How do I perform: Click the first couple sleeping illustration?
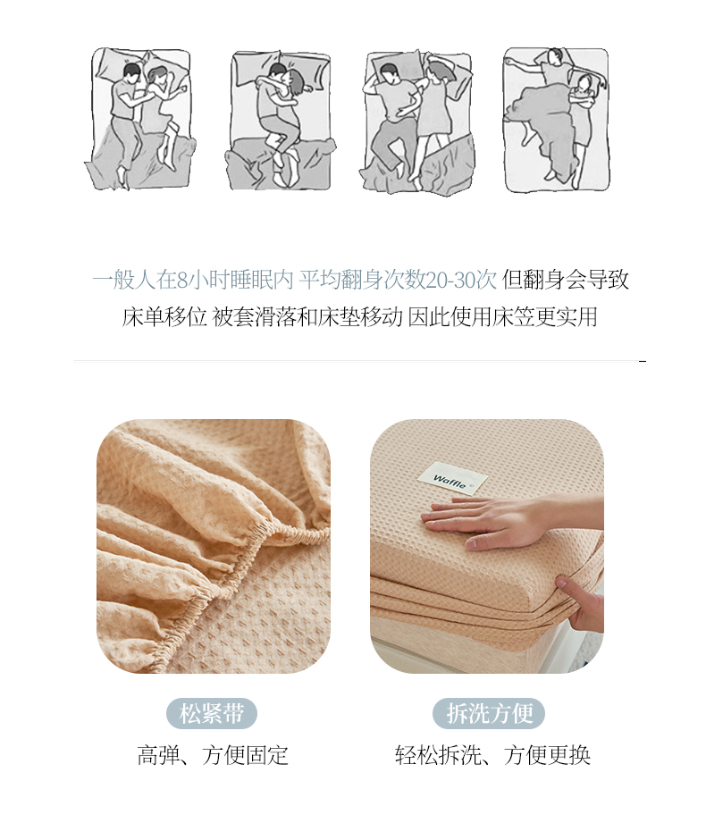[140, 119]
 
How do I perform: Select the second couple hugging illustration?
[281, 121]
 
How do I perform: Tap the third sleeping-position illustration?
[418, 122]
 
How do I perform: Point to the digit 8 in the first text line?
[181, 281]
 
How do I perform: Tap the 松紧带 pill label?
[212, 714]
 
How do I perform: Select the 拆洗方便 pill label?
[489, 714]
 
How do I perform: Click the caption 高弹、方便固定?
[213, 755]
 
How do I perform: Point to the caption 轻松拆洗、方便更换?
[492, 755]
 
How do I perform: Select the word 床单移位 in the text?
[164, 317]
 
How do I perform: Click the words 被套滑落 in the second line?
[254, 317]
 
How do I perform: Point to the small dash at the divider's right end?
[643, 361]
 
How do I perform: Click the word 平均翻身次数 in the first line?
[362, 280]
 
